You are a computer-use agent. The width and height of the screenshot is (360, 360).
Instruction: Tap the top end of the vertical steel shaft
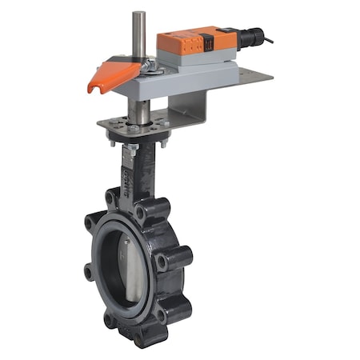click(x=138, y=14)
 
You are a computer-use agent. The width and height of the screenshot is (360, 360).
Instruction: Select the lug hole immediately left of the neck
click(x=111, y=196)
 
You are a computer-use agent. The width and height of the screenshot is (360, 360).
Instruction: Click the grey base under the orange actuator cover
click(x=200, y=54)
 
